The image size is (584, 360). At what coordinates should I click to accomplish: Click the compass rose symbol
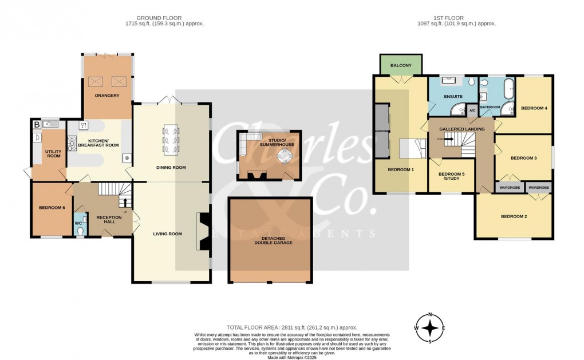click(430, 328)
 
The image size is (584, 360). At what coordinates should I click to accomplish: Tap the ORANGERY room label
click(107, 96)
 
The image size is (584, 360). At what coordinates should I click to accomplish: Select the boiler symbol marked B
click(37, 124)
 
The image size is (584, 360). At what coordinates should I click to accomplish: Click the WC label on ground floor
click(79, 223)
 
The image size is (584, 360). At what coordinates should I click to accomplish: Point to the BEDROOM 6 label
click(51, 207)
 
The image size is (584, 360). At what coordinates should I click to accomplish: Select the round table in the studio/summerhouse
click(285, 156)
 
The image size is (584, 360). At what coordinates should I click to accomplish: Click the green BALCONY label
click(401, 66)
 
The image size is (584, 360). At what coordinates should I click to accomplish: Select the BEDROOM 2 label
click(513, 216)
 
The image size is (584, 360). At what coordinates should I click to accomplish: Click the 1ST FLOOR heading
click(456, 18)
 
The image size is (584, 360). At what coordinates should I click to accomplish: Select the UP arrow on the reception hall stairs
click(125, 201)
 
